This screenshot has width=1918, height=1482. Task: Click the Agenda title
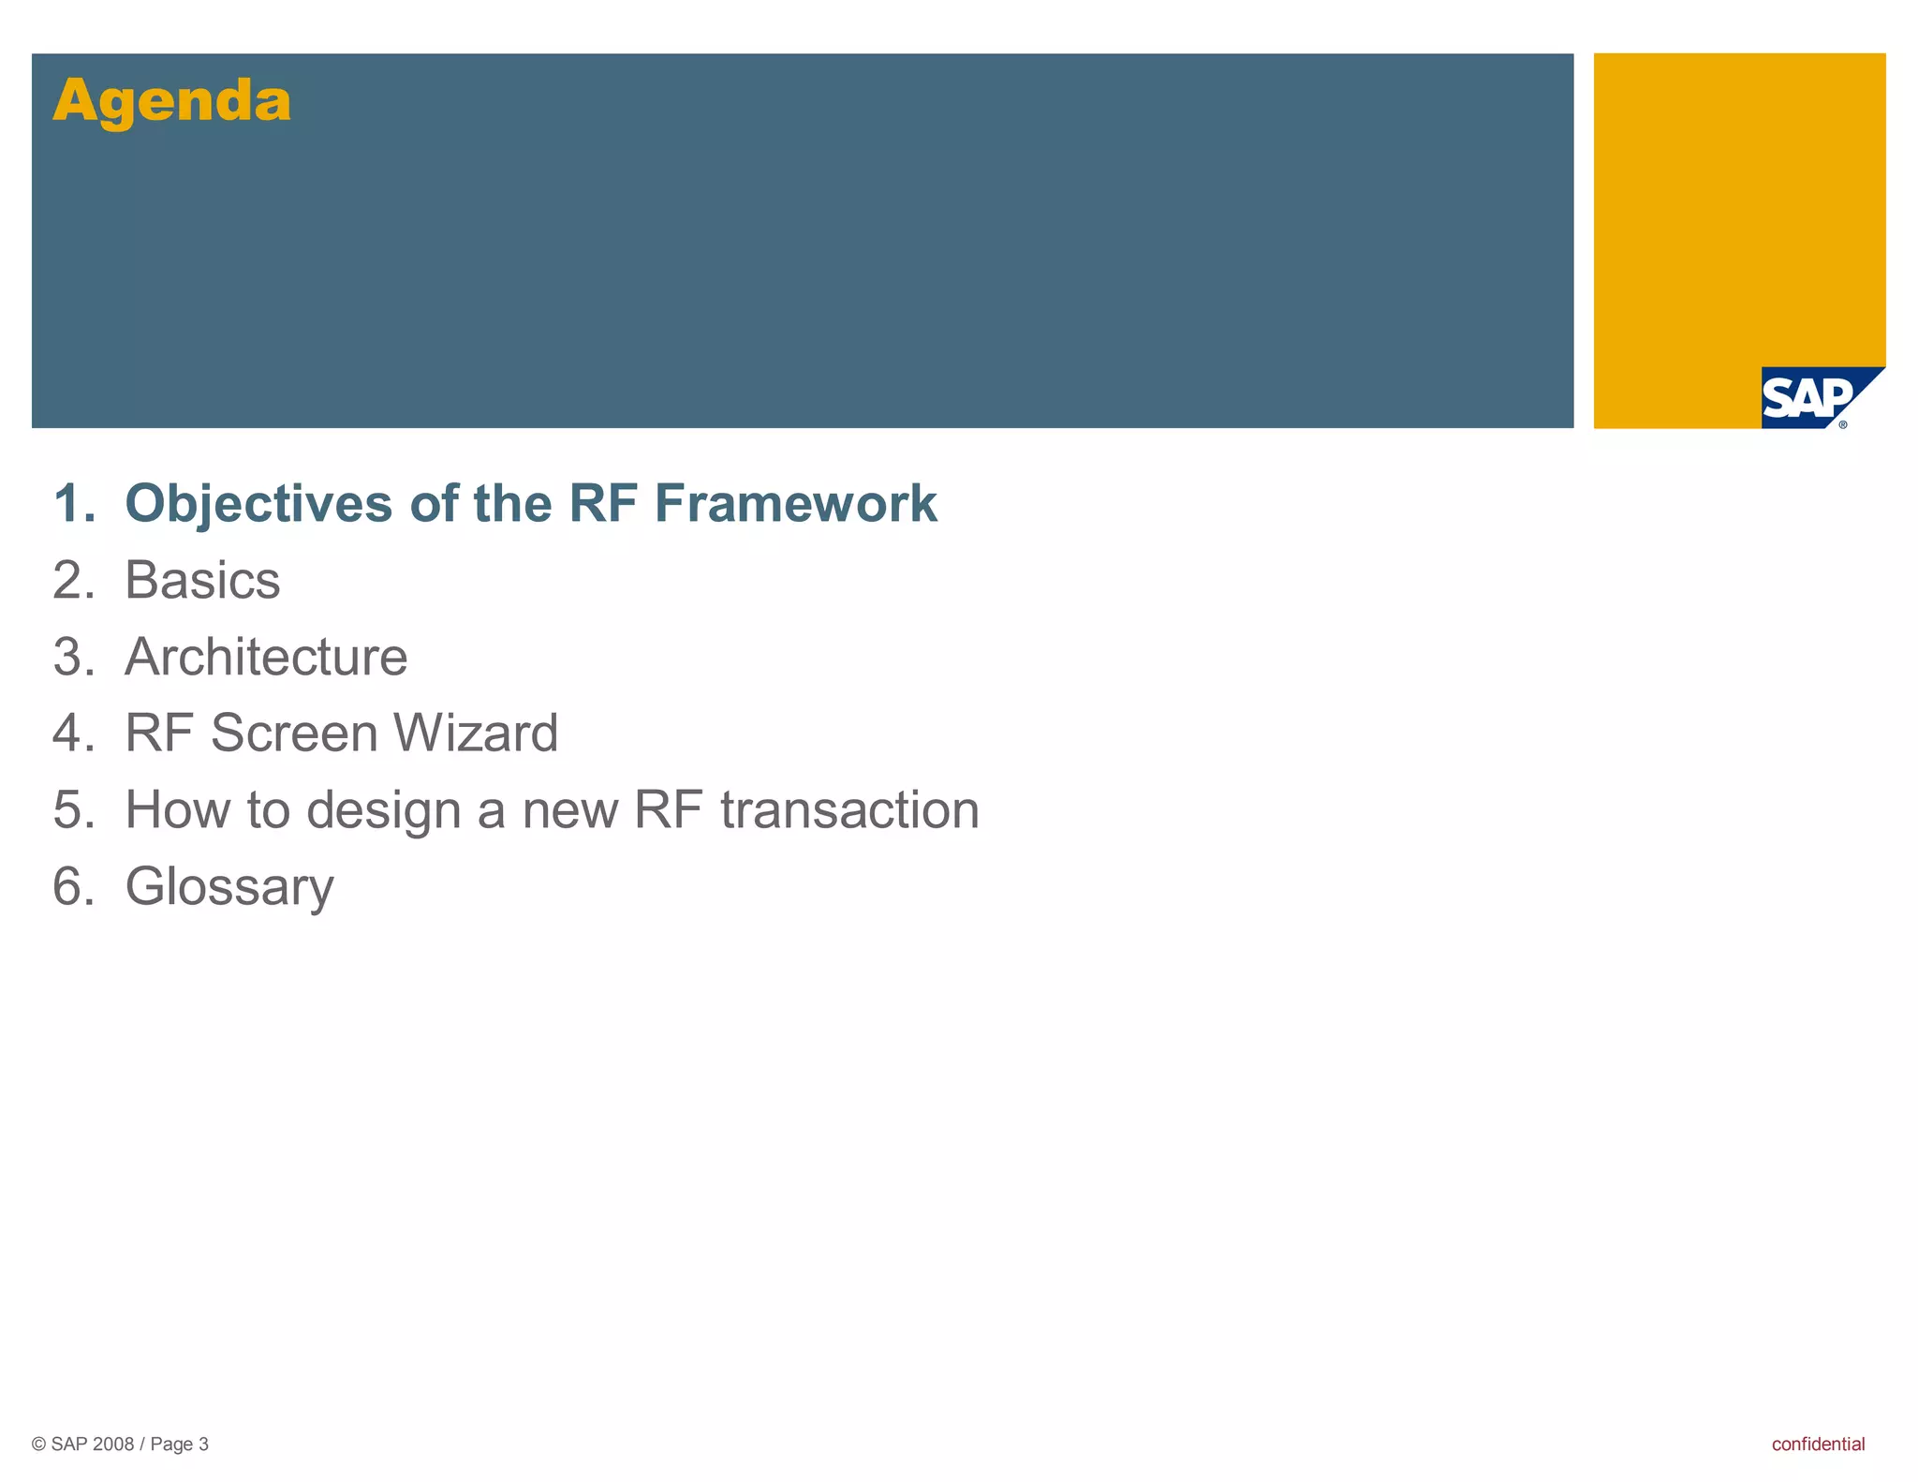tap(172, 101)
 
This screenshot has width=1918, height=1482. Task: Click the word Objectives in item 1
tap(258, 504)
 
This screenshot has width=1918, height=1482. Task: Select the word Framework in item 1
tap(795, 504)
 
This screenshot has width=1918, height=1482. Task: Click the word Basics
tap(202, 581)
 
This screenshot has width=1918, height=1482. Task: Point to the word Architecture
tap(266, 657)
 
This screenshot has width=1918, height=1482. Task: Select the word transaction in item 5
tap(849, 810)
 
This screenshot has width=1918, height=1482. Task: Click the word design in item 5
tap(383, 811)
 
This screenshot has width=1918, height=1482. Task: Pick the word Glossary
tap(229, 887)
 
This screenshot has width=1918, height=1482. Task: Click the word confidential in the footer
tap(1818, 1444)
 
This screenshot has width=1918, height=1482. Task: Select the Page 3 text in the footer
tap(179, 1445)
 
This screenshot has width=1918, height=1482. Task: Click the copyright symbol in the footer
tap(38, 1445)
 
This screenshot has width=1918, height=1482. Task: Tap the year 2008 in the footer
tap(113, 1445)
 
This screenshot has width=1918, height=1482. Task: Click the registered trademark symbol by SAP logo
tap(1843, 424)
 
